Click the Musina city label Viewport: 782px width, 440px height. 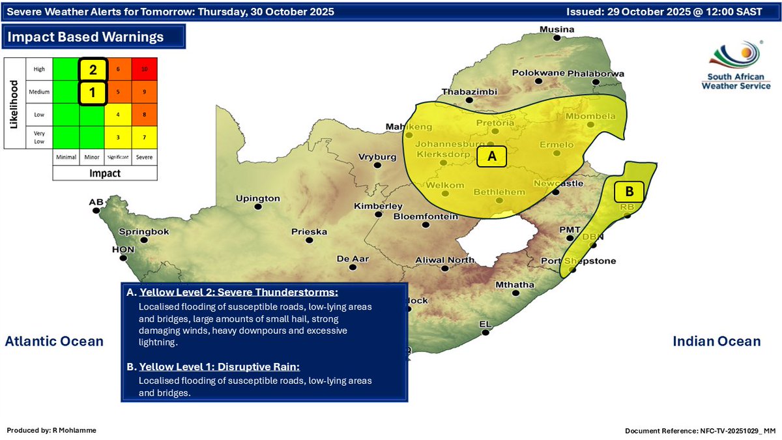pyautogui.click(x=557, y=29)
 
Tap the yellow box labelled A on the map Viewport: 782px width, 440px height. pyautogui.click(x=492, y=156)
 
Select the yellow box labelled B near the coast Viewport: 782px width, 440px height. pyautogui.click(x=629, y=192)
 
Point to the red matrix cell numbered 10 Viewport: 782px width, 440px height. pyautogui.click(x=145, y=68)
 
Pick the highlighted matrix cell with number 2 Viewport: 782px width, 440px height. pyautogui.click(x=93, y=69)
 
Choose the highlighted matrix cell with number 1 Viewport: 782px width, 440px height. pyautogui.click(x=93, y=93)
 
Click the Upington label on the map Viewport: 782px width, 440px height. pyautogui.click(x=257, y=198)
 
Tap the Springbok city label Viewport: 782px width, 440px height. pyautogui.click(x=144, y=231)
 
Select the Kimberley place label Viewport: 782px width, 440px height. pyautogui.click(x=379, y=206)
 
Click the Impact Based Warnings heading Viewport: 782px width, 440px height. pyautogui.click(x=85, y=37)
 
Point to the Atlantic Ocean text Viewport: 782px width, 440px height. pyautogui.click(x=54, y=341)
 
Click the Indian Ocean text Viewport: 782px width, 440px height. pyautogui.click(x=716, y=341)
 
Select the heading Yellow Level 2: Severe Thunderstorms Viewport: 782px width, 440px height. pyautogui.click(x=239, y=292)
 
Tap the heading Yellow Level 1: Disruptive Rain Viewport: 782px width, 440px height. pyautogui.click(x=219, y=366)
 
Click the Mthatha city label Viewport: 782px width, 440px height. pyautogui.click(x=515, y=285)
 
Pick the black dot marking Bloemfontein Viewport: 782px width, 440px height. pyautogui.click(x=426, y=226)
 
